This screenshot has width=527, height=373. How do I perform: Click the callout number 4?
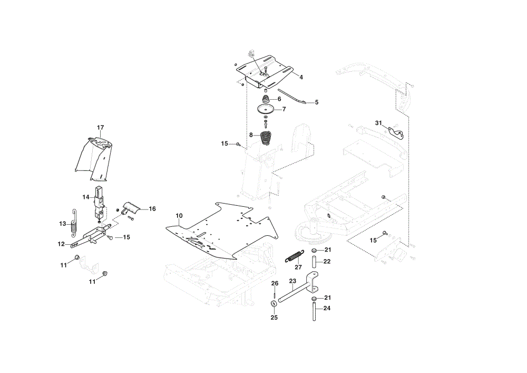coord(301,78)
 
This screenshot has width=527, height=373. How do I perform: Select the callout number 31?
coord(379,123)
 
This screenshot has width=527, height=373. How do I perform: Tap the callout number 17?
coord(101,128)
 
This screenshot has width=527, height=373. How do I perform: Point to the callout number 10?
coord(179,216)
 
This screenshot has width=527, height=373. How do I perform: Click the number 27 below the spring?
coord(298,267)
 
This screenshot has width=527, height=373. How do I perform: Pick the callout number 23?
coord(292,281)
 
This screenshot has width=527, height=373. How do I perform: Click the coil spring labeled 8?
coord(266,138)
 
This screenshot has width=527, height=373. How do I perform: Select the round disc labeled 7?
coord(266,110)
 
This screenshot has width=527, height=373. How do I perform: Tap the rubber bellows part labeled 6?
coord(266,100)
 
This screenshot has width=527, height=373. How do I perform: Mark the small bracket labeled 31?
coord(396,133)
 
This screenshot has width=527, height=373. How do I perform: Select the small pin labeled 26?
coord(275,294)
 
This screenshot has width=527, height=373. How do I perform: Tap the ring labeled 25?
coord(274,304)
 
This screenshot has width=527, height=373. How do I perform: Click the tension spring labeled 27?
coord(295,256)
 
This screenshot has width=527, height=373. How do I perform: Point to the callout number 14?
coord(86,197)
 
